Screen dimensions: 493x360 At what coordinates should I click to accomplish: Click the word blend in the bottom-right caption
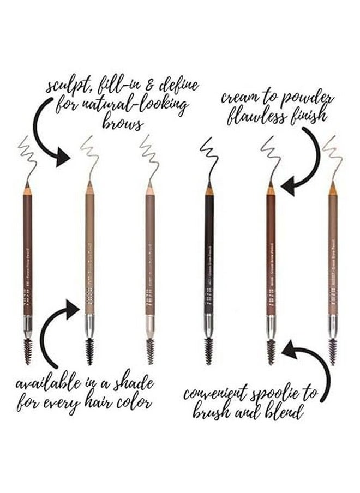point(280,413)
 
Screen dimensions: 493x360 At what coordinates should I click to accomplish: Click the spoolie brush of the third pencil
point(149,350)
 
